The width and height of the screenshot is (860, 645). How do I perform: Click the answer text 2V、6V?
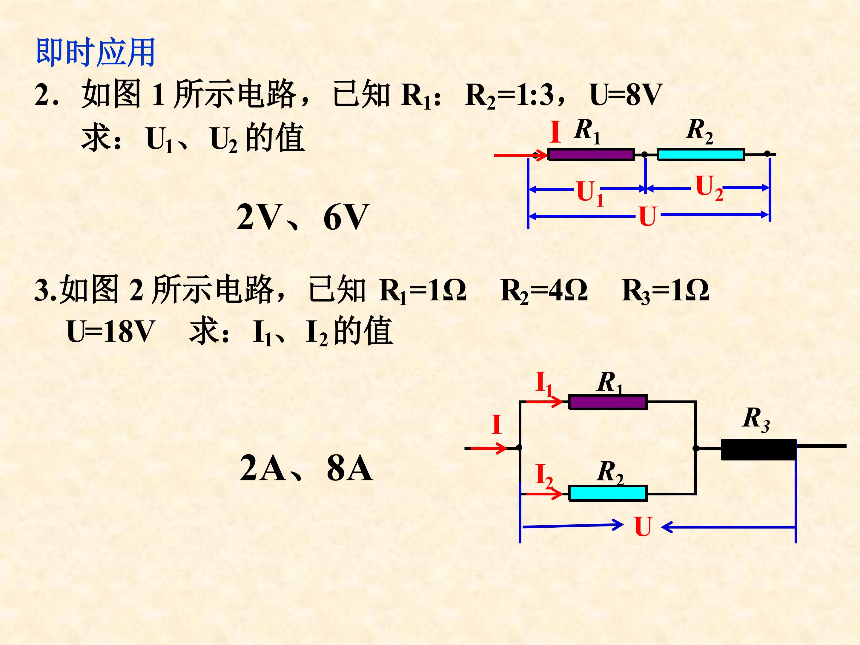pyautogui.click(x=302, y=217)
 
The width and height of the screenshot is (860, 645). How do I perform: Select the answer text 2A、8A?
pyautogui.click(x=306, y=468)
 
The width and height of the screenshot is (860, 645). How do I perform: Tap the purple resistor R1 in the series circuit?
pyautogui.click(x=591, y=154)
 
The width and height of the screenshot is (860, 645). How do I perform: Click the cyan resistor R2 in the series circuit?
pyautogui.click(x=701, y=154)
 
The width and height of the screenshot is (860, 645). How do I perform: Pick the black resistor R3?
pyautogui.click(x=758, y=449)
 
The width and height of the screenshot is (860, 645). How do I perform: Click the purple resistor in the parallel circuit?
pyautogui.click(x=608, y=402)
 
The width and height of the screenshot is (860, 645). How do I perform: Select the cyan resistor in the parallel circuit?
pyautogui.click(x=608, y=493)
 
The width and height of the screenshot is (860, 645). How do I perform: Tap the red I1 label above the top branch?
pyautogui.click(x=543, y=383)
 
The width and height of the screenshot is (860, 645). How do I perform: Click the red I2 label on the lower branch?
pyautogui.click(x=543, y=475)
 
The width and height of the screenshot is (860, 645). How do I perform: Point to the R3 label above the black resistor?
pyautogui.click(x=755, y=419)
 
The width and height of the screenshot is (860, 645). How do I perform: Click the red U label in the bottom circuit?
pyautogui.click(x=643, y=527)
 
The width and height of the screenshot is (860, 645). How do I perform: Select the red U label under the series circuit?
pyautogui.click(x=647, y=216)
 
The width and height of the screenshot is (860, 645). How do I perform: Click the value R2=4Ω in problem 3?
pyautogui.click(x=543, y=291)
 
